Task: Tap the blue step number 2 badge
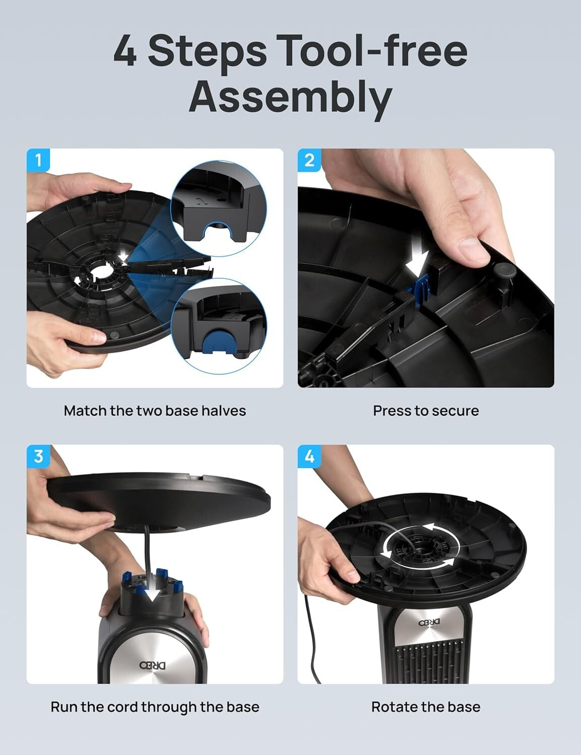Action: coord(310,161)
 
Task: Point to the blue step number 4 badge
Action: coord(310,457)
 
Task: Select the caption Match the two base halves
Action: coord(155,411)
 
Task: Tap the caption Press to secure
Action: coord(425,411)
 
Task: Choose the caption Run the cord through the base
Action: coord(155,707)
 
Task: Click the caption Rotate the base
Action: coord(425,707)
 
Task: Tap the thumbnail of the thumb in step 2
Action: coord(472,247)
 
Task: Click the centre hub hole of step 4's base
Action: coord(417,548)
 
